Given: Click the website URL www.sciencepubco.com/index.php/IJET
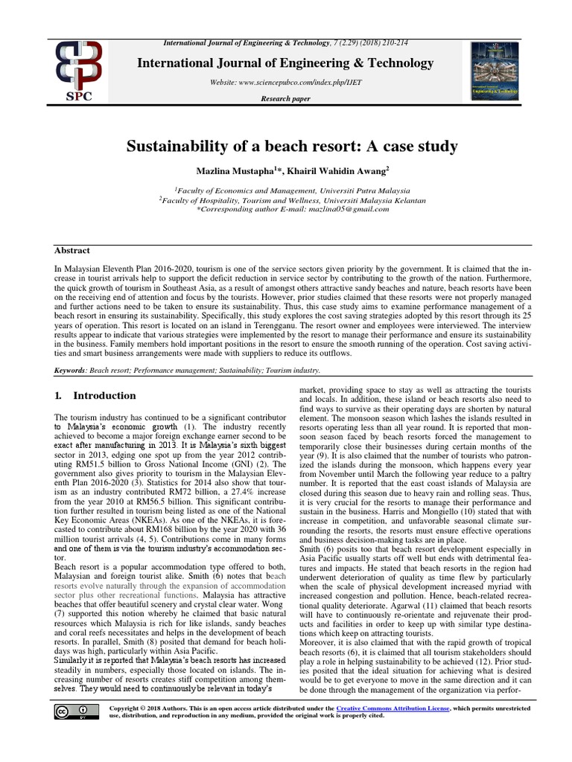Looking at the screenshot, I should [285, 83].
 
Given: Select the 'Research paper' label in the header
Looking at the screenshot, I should [285, 98].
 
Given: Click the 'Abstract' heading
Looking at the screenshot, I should [72, 251].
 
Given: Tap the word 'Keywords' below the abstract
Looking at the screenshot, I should [71, 370].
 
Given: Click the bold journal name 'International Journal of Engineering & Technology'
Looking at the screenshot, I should [285, 63].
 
